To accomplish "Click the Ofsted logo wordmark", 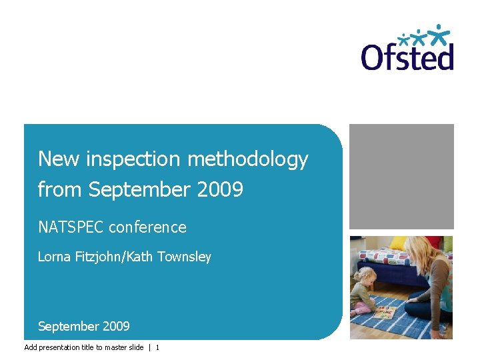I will (x=407, y=56).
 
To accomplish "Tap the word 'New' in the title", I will (x=53, y=159).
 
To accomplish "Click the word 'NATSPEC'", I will (x=71, y=227).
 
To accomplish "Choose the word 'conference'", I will (x=147, y=227).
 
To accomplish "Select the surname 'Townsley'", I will (x=184, y=257).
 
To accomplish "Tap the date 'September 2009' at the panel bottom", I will (x=84, y=326).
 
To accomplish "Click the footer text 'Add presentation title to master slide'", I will (x=83, y=347).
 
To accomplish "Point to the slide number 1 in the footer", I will (x=157, y=347).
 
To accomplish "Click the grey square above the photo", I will (x=401, y=176).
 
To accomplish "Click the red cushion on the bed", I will (x=434, y=241).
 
